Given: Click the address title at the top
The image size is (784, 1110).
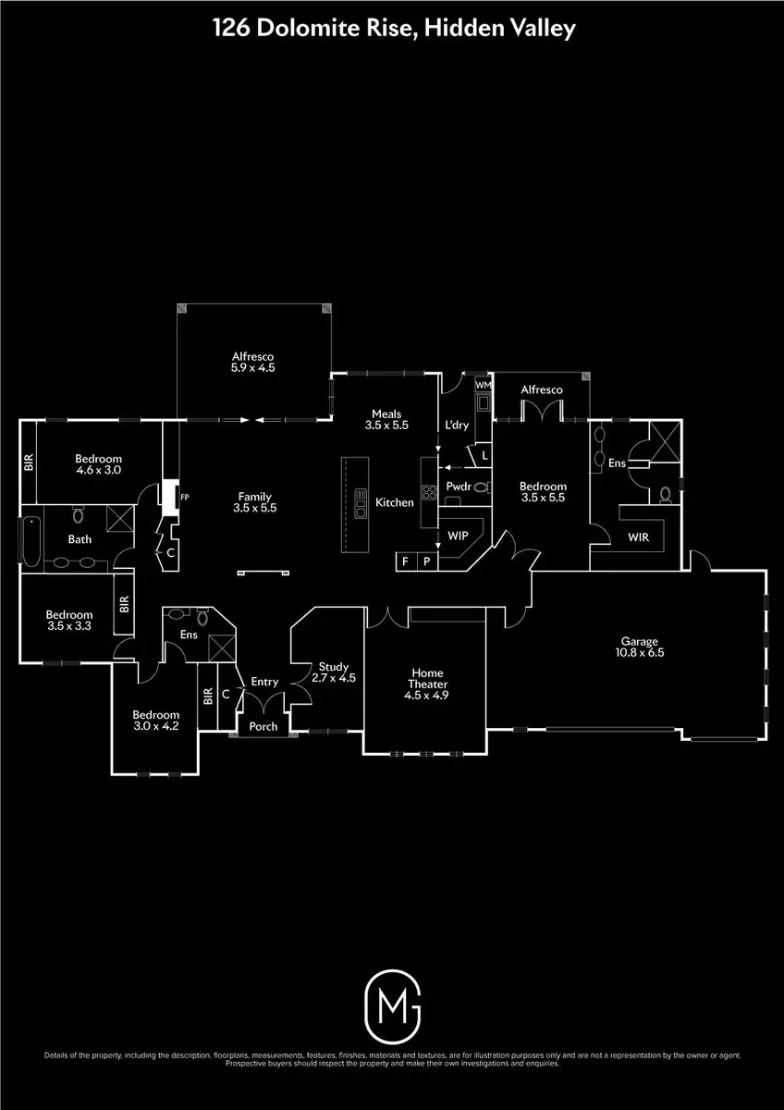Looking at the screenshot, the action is [x=392, y=29].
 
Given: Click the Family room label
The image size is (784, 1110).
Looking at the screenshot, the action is [x=255, y=501].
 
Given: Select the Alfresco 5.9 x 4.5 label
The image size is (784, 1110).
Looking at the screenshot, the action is [x=253, y=361].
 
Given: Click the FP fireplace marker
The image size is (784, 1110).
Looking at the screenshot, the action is [x=184, y=497].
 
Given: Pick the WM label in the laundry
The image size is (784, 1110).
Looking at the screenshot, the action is [x=484, y=383].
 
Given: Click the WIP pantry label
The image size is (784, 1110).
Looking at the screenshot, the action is [x=458, y=536].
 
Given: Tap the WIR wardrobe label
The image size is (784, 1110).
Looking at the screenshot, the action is [x=639, y=536].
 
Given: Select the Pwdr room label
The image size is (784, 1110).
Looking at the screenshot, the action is [x=459, y=486].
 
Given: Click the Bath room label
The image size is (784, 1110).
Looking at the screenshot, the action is [x=80, y=538].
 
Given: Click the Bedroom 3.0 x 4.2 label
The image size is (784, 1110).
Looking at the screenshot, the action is [x=154, y=720].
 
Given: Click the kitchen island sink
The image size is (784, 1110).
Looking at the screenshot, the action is [x=360, y=506].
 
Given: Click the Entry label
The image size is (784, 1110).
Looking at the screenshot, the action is [x=264, y=682].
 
